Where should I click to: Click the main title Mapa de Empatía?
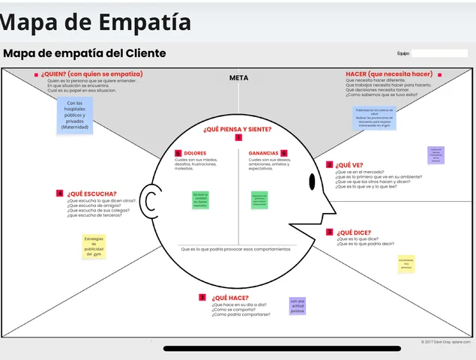click(95, 22)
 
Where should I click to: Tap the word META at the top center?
click(238, 77)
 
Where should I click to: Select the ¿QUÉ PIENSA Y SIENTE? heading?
click(238, 129)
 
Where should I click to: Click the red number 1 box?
click(238, 138)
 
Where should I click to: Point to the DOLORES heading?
click(195, 153)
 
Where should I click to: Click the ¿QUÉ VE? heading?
click(349, 164)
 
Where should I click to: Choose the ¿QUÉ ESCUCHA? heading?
click(91, 193)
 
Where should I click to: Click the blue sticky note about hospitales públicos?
click(74, 115)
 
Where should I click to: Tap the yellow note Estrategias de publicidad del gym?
click(94, 247)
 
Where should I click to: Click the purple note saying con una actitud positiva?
click(298, 306)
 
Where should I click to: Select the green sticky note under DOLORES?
click(200, 200)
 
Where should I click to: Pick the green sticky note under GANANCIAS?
click(259, 200)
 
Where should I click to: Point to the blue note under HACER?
click(373, 118)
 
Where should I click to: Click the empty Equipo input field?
click(439, 53)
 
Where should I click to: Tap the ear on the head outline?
click(150, 202)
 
